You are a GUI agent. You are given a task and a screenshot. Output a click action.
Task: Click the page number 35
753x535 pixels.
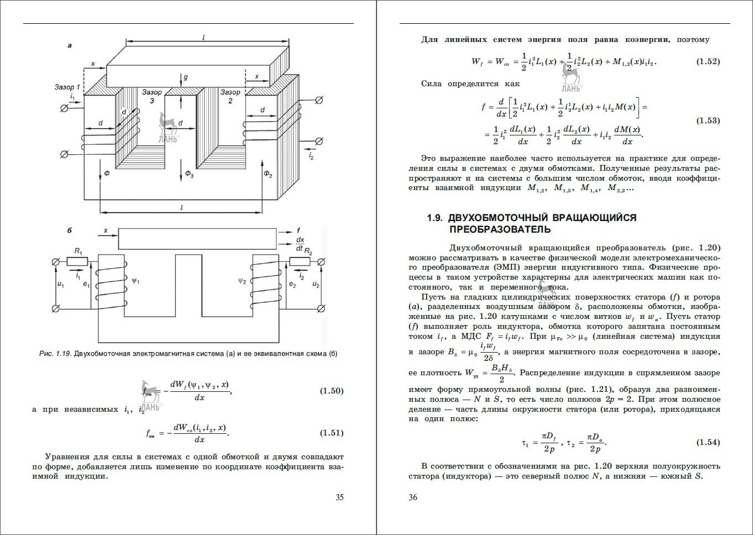[x=339, y=497]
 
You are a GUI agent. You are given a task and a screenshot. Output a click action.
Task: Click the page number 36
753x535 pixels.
[x=412, y=497]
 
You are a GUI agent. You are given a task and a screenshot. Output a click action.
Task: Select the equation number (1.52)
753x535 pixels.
[x=708, y=61]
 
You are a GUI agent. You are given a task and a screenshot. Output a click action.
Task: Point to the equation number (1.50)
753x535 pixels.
[x=332, y=391]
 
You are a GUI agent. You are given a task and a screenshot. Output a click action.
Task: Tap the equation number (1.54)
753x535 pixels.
[x=708, y=442]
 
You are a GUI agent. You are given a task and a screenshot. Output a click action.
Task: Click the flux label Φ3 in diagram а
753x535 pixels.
[x=190, y=175]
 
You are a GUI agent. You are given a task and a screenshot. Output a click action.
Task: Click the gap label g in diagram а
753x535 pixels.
[x=186, y=77]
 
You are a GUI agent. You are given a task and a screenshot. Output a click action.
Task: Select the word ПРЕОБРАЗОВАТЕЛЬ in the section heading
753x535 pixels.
[x=500, y=229]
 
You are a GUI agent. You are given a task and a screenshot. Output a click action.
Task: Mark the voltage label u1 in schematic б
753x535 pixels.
[x=61, y=285]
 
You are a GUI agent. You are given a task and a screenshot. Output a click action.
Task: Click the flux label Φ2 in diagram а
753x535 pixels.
[x=268, y=175]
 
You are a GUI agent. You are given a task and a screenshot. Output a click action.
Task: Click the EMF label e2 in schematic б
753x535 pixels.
[x=292, y=285]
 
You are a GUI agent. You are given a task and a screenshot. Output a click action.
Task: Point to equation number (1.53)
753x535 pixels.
[x=708, y=120]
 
